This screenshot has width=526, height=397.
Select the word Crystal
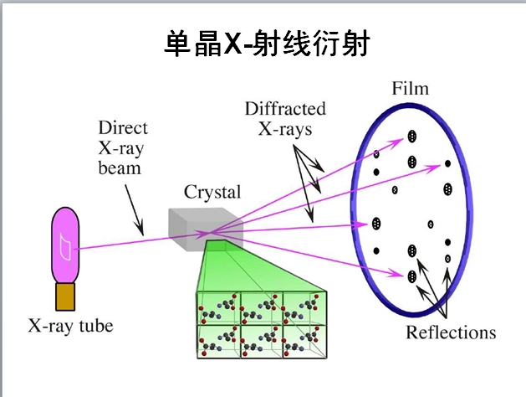coord(212,192)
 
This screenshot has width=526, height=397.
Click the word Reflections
coord(451,332)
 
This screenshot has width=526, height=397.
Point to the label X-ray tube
coord(70,325)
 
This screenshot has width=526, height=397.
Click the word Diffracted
coord(285,110)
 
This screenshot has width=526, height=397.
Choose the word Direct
coord(123,128)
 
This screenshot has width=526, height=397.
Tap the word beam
coord(118,168)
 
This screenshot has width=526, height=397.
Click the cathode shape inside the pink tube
coord(65,244)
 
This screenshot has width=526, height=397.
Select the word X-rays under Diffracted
coord(286,129)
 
